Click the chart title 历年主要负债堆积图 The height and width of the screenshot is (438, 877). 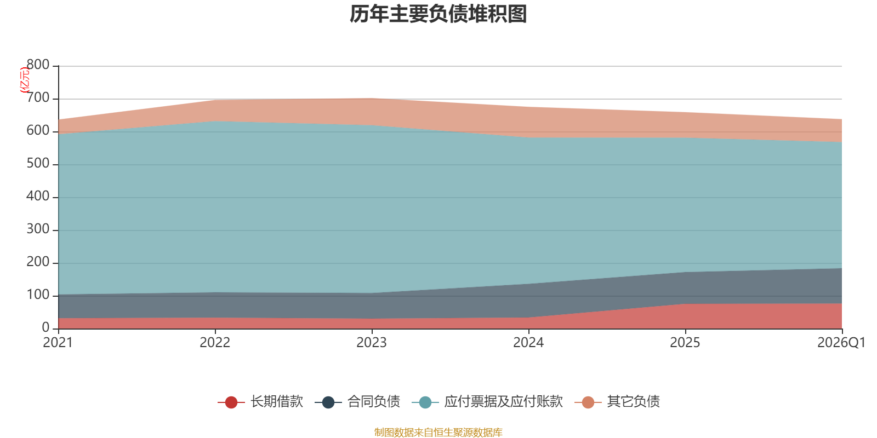[x=438, y=14]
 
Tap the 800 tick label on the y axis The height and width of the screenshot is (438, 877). [x=38, y=65]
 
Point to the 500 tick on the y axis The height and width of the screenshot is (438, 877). [x=38, y=163]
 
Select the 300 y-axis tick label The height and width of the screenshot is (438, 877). [x=38, y=229]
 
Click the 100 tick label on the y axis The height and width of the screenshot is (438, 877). [x=38, y=295]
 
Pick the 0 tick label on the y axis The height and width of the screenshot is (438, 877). [x=46, y=327]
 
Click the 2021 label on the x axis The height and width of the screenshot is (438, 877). [x=58, y=343]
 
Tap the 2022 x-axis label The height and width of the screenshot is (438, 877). [x=215, y=343]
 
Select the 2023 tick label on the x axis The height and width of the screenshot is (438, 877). [x=372, y=343]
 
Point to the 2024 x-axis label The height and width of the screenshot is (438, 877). [x=528, y=343]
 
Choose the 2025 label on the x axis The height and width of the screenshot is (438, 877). [x=685, y=343]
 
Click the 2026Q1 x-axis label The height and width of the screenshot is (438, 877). [x=841, y=343]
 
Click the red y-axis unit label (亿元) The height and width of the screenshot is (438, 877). [x=25, y=80]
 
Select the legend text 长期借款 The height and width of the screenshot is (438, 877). [x=277, y=402]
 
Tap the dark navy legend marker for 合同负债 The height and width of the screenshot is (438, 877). [x=328, y=402]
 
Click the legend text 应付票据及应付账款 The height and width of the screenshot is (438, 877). [x=504, y=402]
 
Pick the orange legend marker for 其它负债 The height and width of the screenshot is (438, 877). [x=588, y=402]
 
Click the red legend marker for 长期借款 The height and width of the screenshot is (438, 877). [x=231, y=402]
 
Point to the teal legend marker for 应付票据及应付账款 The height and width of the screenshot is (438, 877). [x=425, y=402]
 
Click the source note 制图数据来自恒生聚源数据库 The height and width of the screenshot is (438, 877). [x=438, y=432]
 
